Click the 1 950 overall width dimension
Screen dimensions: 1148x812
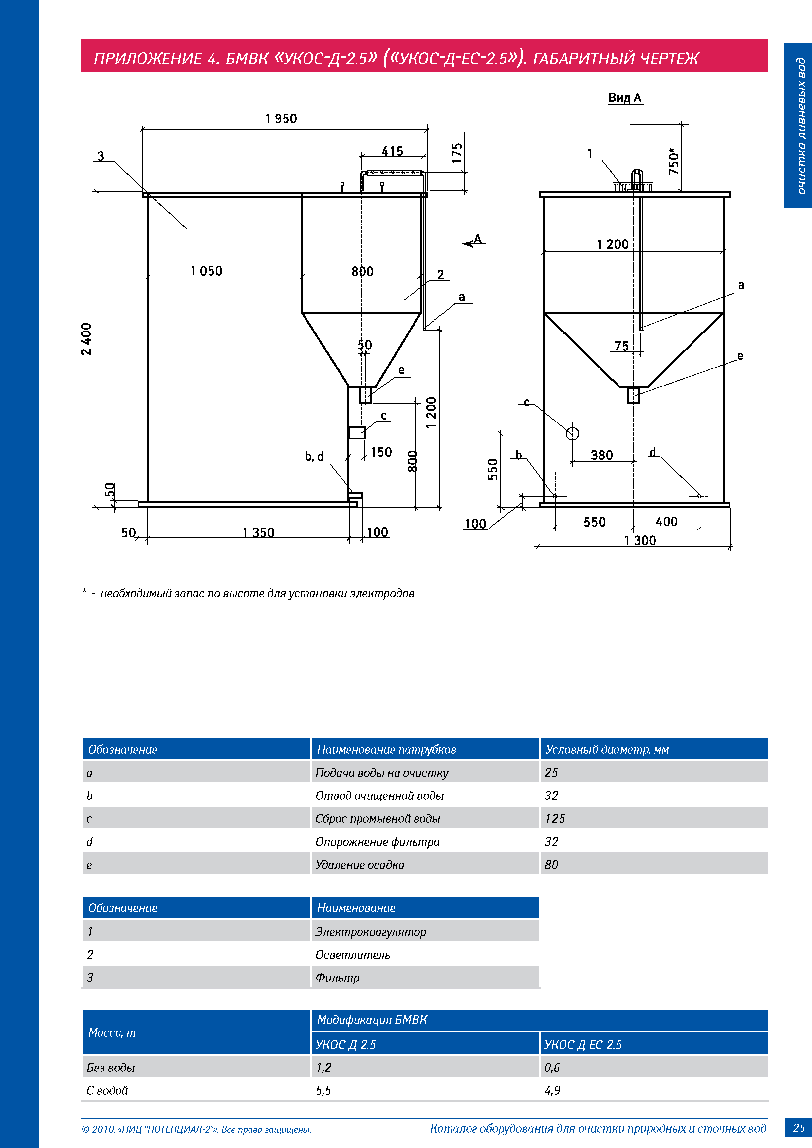click(281, 119)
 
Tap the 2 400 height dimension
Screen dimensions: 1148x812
click(86, 339)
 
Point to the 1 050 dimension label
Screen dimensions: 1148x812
click(206, 271)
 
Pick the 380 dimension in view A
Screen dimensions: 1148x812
click(601, 455)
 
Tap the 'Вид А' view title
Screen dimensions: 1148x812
click(625, 98)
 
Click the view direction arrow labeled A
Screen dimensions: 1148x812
click(472, 242)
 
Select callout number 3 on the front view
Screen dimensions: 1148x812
click(101, 156)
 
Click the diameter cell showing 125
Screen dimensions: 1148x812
click(555, 818)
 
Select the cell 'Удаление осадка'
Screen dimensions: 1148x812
click(360, 865)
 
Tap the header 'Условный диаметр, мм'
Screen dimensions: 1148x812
click(607, 749)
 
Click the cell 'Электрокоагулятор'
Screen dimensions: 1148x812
click(371, 931)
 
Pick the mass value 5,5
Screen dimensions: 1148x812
click(324, 1090)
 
